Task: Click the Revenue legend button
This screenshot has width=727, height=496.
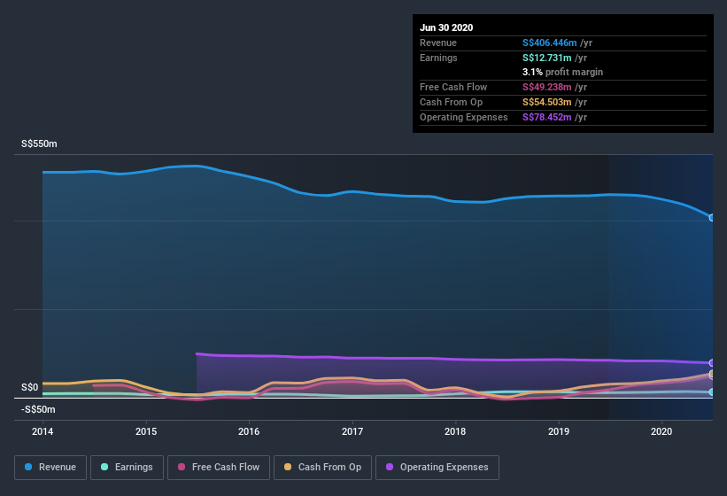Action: point(50,467)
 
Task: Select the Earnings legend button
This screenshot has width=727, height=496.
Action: point(127,467)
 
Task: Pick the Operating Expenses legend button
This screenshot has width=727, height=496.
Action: point(437,467)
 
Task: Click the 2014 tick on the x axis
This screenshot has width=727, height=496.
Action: point(43,431)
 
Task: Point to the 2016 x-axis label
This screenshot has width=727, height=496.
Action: point(249,431)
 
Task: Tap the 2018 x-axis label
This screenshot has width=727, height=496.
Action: point(455,431)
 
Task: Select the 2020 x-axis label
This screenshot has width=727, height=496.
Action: point(661,431)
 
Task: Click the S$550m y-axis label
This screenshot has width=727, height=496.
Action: point(39,143)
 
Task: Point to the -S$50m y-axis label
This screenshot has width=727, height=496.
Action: point(37,409)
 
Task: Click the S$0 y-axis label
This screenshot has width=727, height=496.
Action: point(29,387)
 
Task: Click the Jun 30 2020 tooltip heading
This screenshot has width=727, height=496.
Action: point(446,27)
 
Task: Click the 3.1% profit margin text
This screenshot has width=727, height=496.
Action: point(563,72)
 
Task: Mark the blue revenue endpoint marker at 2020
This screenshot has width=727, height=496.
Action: point(712,217)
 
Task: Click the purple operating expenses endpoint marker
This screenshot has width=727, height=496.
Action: point(712,363)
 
